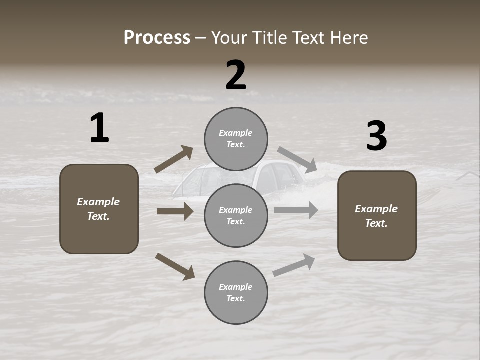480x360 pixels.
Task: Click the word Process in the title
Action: pyautogui.click(x=157, y=38)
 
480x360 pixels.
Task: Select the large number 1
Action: pyautogui.click(x=99, y=128)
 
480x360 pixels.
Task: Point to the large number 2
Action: pyautogui.click(x=236, y=75)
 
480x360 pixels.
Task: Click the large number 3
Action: pyautogui.click(x=376, y=136)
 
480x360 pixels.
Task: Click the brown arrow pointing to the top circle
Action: pyautogui.click(x=173, y=159)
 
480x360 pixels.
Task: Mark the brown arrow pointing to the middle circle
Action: pyautogui.click(x=175, y=211)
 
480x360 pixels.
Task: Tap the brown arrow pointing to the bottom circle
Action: pyautogui.click(x=175, y=266)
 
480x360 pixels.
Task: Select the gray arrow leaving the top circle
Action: pyautogui.click(x=297, y=159)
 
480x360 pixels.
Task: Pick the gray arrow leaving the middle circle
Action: pyautogui.click(x=296, y=210)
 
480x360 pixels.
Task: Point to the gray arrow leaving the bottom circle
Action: pyautogui.click(x=294, y=265)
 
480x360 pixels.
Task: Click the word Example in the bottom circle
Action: pyautogui.click(x=236, y=287)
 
